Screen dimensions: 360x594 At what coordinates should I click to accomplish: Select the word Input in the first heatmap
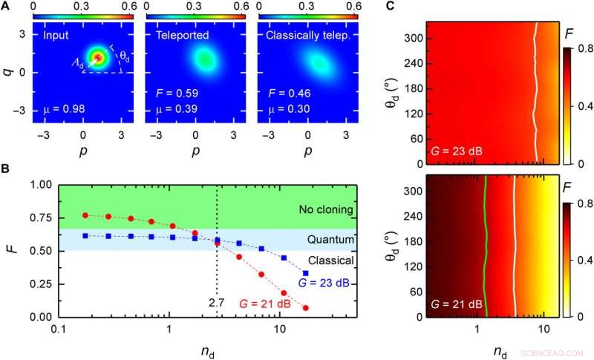click(x=56, y=35)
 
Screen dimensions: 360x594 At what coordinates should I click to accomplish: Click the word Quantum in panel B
click(x=330, y=240)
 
